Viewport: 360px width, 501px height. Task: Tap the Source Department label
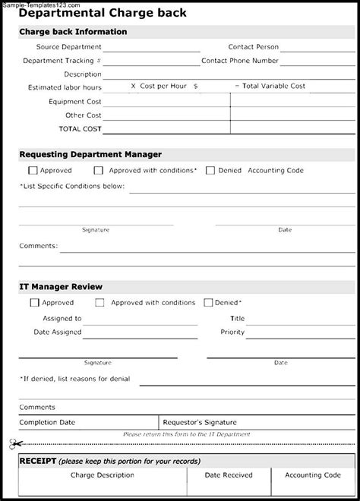click(x=71, y=47)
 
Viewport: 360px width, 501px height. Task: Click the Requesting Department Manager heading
click(x=90, y=154)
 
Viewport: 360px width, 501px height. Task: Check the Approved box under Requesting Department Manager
click(x=32, y=171)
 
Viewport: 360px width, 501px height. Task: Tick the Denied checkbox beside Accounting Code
click(x=210, y=171)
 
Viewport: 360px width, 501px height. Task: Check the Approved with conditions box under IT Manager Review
click(x=99, y=302)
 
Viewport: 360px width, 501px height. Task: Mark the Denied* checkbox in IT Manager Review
click(x=208, y=302)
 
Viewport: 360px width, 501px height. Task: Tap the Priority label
click(x=232, y=332)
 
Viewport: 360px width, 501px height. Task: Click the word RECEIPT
click(x=33, y=461)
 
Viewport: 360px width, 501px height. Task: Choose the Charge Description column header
click(x=101, y=475)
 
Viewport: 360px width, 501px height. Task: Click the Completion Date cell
click(x=47, y=422)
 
